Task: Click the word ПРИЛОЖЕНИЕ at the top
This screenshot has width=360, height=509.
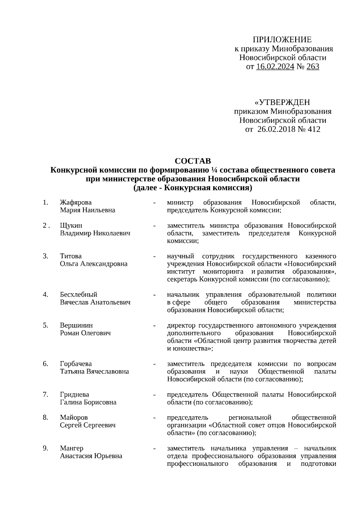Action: [282, 40]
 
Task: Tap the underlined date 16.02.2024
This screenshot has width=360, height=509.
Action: [275, 67]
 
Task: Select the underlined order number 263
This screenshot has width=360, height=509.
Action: [313, 67]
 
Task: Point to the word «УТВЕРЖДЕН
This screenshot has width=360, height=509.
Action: [282, 102]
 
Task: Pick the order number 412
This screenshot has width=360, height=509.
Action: [313, 129]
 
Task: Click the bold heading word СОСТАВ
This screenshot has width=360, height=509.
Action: [193, 161]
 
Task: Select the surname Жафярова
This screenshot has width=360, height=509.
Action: [76, 202]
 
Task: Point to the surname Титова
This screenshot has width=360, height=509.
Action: [71, 256]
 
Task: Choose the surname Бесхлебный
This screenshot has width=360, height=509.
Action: [79, 295]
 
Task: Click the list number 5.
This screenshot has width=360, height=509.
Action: [45, 325]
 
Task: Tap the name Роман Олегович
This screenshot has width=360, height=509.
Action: [85, 333]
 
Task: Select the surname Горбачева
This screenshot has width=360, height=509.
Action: [76, 364]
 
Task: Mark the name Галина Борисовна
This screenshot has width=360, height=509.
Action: [88, 402]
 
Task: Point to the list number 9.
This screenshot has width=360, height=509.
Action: [45, 448]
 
